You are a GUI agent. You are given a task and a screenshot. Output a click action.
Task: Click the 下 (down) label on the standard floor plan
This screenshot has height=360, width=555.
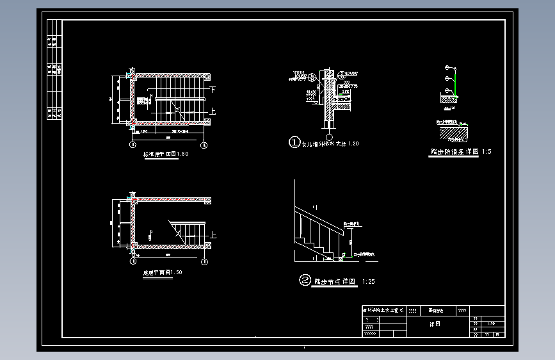point(213,90)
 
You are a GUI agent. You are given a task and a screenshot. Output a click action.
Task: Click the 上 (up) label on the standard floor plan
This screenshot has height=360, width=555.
point(213,111)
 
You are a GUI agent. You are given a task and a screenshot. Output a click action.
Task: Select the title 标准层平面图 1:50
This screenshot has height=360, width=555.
point(166,154)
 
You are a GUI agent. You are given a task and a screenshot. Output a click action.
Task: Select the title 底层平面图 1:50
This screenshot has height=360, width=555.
point(162,272)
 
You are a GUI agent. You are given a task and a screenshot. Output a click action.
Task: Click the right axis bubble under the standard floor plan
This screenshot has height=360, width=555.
point(204,145)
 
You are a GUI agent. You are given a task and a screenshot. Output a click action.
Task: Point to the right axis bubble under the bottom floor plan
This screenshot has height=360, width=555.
point(204,261)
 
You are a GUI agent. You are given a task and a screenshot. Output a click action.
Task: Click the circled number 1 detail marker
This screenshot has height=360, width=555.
point(294,143)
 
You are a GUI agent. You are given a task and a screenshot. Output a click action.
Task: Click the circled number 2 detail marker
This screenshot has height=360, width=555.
point(305,280)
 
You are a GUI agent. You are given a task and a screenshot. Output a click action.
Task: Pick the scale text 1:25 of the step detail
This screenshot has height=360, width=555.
point(369,281)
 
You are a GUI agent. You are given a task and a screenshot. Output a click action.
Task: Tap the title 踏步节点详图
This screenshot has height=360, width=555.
point(334,281)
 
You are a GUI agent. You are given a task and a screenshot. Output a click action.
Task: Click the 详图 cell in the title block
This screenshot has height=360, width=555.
point(435,323)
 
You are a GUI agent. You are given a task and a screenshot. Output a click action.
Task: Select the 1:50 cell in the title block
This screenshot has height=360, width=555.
point(491,323)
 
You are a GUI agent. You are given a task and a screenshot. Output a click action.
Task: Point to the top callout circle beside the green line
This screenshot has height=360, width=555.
point(446,67)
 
